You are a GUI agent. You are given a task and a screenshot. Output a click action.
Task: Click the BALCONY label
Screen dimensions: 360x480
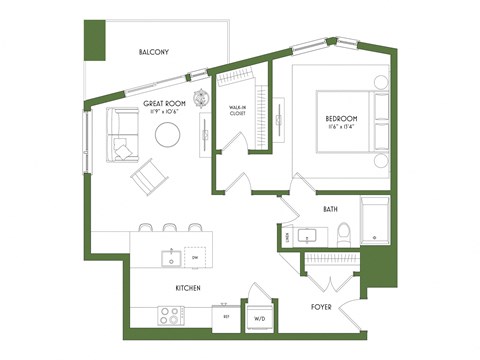(153, 52)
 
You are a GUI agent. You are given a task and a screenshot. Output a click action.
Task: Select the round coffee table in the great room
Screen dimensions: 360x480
(167, 134)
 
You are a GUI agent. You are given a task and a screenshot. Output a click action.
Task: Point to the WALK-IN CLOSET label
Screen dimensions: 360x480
(238, 110)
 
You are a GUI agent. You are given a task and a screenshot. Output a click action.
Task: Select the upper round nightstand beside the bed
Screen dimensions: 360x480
(382, 83)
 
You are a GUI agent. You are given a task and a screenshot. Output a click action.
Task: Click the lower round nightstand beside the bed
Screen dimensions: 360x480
(381, 160)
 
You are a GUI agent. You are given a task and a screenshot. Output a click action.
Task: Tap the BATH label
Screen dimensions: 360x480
(331, 209)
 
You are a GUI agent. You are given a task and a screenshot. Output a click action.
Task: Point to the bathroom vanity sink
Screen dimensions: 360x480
(307, 236)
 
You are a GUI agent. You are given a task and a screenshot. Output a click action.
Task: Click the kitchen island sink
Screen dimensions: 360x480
(172, 258)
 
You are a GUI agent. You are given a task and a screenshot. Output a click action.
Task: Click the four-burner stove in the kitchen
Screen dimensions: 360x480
(170, 314)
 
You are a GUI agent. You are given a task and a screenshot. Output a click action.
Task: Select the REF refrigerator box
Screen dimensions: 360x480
(227, 317)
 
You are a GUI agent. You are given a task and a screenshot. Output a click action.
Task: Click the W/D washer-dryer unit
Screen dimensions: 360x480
(260, 317)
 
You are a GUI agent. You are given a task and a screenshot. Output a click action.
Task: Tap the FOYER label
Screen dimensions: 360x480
(320, 308)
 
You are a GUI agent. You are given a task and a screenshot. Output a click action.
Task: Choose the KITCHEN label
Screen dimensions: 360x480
(188, 288)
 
